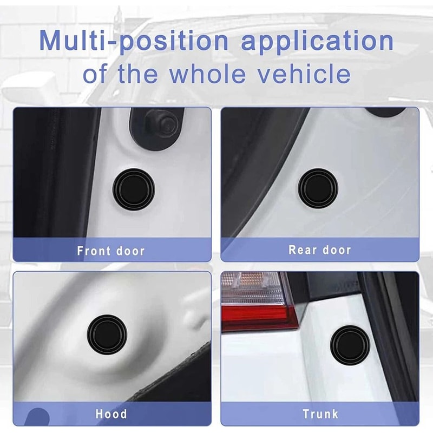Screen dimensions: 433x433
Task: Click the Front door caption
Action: pos(111,251)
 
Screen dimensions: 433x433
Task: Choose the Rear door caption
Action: pos(319,250)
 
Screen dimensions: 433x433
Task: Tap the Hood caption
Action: pos(111,414)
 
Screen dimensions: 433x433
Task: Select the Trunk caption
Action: pos(320,415)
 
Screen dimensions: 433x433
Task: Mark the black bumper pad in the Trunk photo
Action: pos(350,346)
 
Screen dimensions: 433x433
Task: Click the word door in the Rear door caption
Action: pos(336,250)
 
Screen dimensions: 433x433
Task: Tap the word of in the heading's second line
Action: pos(94,73)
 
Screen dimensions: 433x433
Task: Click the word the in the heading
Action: pos(137,73)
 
